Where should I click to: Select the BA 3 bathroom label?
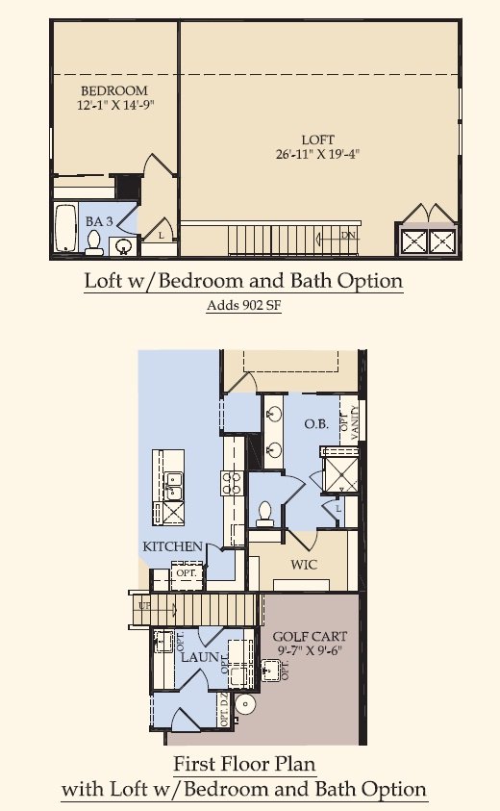click(x=95, y=221)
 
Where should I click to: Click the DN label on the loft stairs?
click(x=347, y=235)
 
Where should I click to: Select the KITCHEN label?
click(x=173, y=546)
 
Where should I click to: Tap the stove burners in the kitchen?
click(x=232, y=481)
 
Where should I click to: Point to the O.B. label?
click(x=317, y=424)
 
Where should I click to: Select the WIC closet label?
click(x=303, y=565)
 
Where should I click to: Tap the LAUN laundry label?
click(x=200, y=657)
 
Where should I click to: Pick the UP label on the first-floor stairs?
click(x=144, y=606)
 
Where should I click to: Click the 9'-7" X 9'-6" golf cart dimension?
click(x=310, y=650)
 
